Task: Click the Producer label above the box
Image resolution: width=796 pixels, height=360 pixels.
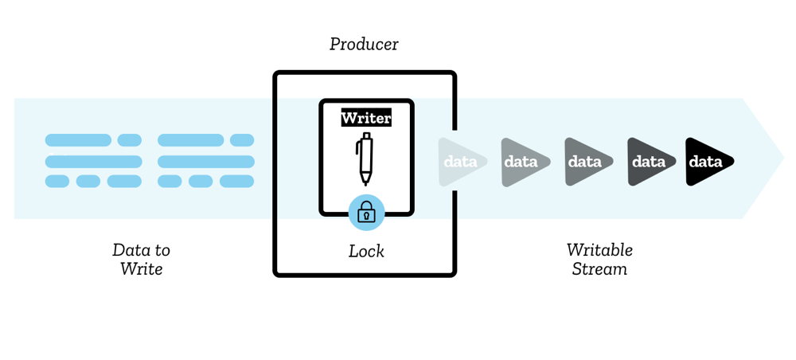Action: coord(364,44)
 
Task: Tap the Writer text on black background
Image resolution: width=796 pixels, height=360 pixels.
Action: coord(366,119)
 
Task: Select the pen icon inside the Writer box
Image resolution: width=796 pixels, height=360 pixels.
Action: coord(365,159)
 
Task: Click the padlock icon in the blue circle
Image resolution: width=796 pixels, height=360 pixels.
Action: coord(366,212)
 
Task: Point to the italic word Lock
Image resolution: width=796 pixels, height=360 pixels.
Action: coord(366,251)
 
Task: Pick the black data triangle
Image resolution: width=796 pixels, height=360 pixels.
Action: coord(706,162)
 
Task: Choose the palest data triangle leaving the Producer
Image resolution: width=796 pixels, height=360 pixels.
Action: coord(459,162)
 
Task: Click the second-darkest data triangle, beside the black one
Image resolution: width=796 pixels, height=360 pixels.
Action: coord(649,162)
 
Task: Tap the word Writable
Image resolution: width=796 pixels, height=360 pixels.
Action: coord(599,249)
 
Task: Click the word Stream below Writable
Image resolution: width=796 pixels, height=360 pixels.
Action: coord(599,269)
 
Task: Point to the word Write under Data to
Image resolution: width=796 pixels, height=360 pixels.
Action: coord(141,269)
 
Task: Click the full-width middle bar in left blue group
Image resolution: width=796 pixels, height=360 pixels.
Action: coord(93,162)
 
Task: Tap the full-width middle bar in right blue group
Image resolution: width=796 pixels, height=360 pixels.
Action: coord(206,162)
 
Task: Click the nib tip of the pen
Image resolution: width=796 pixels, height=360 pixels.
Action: coord(366,184)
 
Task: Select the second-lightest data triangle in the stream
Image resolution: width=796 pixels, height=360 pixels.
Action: coord(523,162)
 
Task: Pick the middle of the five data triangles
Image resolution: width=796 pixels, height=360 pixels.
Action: coord(586,162)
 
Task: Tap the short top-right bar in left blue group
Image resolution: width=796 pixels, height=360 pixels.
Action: coord(130,141)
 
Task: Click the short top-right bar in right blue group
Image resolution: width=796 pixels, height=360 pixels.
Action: coord(242,141)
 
